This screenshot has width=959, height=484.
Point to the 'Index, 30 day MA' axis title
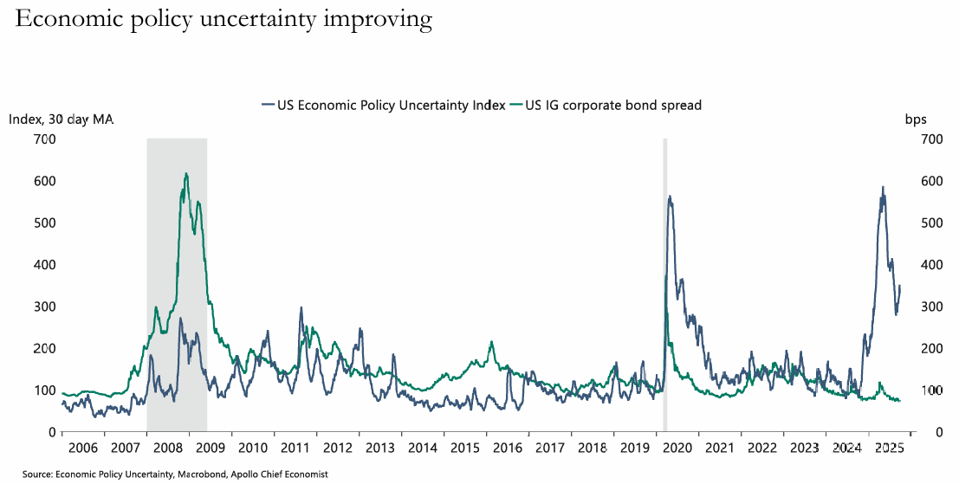(62, 119)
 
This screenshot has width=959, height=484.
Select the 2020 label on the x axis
(677, 449)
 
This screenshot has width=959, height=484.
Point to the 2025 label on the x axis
(889, 449)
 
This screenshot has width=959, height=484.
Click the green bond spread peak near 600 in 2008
(186, 174)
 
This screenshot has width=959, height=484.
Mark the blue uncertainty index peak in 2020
(670, 197)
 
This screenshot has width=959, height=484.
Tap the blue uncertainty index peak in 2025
(883, 188)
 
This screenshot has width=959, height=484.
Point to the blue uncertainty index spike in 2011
(301, 308)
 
